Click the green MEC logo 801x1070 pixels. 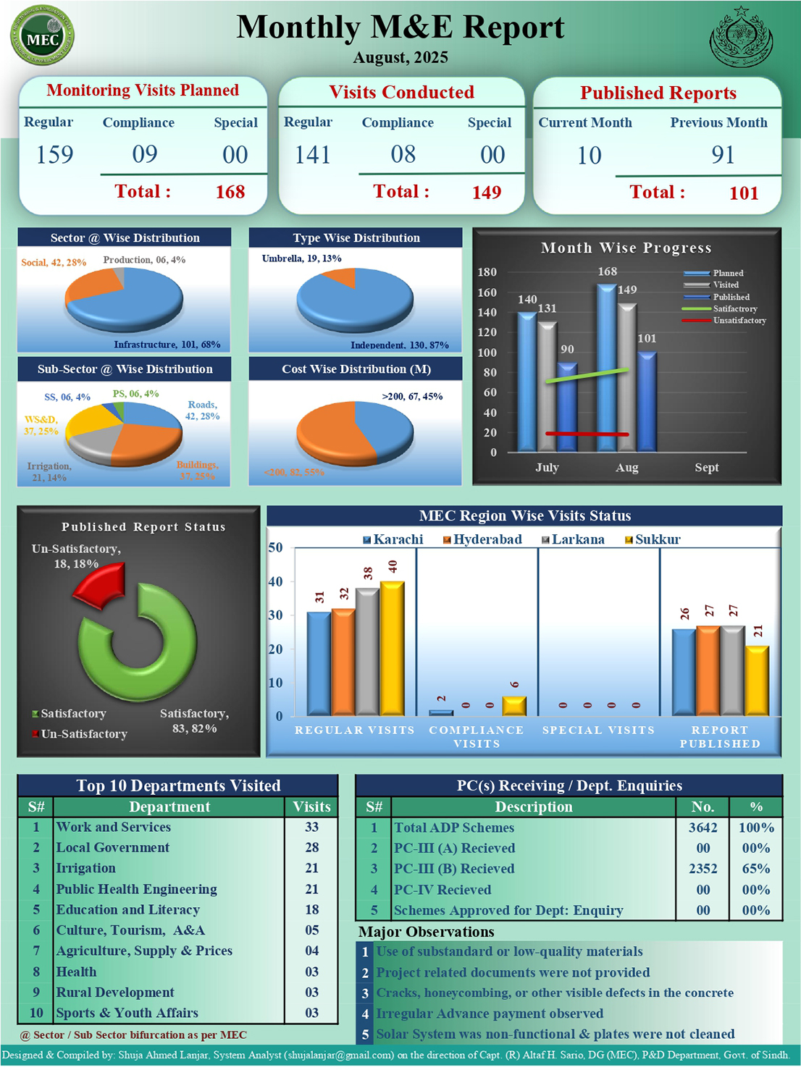pyautogui.click(x=42, y=36)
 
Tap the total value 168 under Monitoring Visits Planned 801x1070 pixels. pyautogui.click(x=230, y=192)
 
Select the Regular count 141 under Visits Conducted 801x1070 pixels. pyautogui.click(x=313, y=154)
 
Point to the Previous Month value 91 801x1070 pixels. pyautogui.click(x=722, y=154)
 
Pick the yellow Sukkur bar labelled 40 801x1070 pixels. pyautogui.click(x=392, y=648)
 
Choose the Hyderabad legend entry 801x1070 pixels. pyautogui.click(x=482, y=539)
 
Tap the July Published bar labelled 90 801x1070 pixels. pyautogui.click(x=567, y=405)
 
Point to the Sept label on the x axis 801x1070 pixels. pyautogui.click(x=706, y=468)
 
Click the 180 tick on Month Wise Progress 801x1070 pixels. pyautogui.click(x=487, y=272)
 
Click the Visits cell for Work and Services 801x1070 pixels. pyautogui.click(x=311, y=827)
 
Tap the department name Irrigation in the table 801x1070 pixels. pyautogui.click(x=86, y=868)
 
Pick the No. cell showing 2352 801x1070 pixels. pyautogui.click(x=703, y=869)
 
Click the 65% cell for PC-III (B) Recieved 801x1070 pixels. pyautogui.click(x=755, y=869)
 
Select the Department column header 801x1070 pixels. pyautogui.click(x=169, y=806)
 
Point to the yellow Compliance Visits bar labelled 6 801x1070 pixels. pyautogui.click(x=514, y=706)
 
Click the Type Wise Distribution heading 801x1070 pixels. pyautogui.click(x=356, y=237)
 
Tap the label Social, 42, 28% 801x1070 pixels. pyautogui.click(x=54, y=262)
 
